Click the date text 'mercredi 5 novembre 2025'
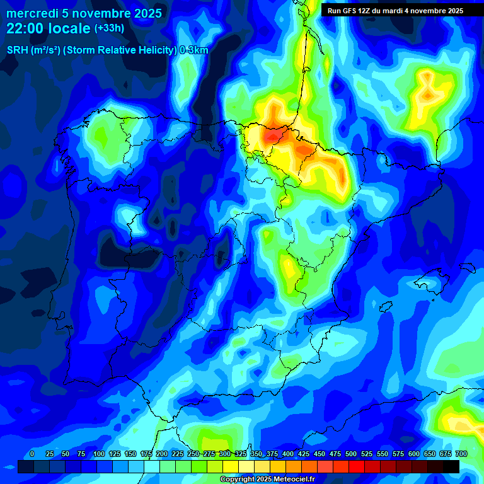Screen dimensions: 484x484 pos(84,13)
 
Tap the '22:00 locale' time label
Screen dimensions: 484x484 pos(49,28)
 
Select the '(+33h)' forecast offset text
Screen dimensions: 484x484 pos(109,28)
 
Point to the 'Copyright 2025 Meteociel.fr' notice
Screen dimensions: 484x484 pos(267,479)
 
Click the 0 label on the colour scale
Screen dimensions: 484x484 pos(32,454)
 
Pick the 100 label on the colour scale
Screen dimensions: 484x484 pos(99,454)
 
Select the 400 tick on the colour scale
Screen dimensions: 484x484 pos(288,454)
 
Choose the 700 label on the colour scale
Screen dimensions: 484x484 pos(461,454)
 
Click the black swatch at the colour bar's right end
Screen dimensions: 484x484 pos(451,466)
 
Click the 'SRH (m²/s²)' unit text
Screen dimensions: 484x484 pos(33,50)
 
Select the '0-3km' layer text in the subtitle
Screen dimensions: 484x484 pos(194,50)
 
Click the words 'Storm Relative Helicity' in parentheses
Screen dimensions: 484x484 pos(120,50)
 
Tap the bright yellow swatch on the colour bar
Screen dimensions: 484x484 pos(231,466)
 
